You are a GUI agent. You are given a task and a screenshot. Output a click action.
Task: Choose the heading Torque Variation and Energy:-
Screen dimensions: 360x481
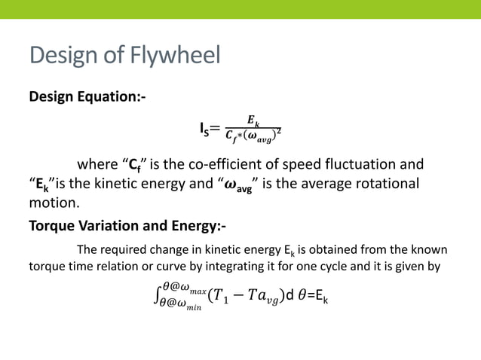126,226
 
